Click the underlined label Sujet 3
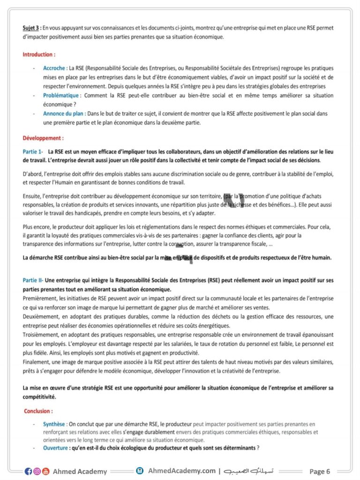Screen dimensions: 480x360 31,28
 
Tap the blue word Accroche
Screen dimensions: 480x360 54,68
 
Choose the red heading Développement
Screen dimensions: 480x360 43,139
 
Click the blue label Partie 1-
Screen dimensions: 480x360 33,152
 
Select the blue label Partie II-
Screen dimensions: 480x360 33,280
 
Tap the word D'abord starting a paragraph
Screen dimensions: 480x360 32,174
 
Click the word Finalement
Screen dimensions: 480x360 36,362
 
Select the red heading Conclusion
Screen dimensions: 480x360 38,411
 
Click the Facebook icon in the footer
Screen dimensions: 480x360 29,472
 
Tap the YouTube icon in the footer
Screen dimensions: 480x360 45,472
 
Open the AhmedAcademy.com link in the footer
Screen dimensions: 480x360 181,471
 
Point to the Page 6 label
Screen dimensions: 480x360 320,472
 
